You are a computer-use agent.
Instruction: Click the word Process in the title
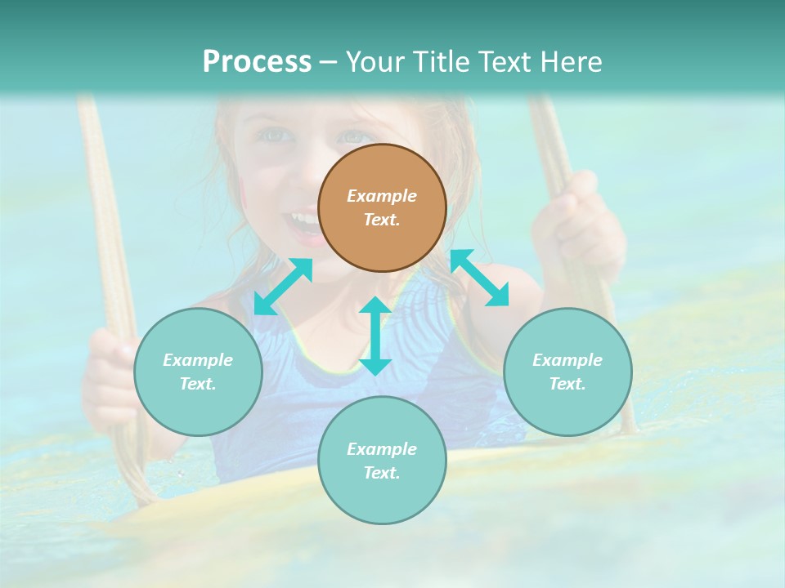coord(257,62)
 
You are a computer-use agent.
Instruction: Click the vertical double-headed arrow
coord(375,336)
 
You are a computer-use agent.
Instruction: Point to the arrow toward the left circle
coord(283,286)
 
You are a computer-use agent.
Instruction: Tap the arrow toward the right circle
coord(479,278)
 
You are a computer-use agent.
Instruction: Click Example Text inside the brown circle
coord(382,207)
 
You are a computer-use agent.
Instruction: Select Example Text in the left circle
coord(198,372)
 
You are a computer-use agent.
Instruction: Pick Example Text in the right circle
coord(567,372)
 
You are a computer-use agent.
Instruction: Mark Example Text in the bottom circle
coord(382,461)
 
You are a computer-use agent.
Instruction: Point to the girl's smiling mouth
coord(301,222)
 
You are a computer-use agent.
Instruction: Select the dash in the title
coord(328,62)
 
